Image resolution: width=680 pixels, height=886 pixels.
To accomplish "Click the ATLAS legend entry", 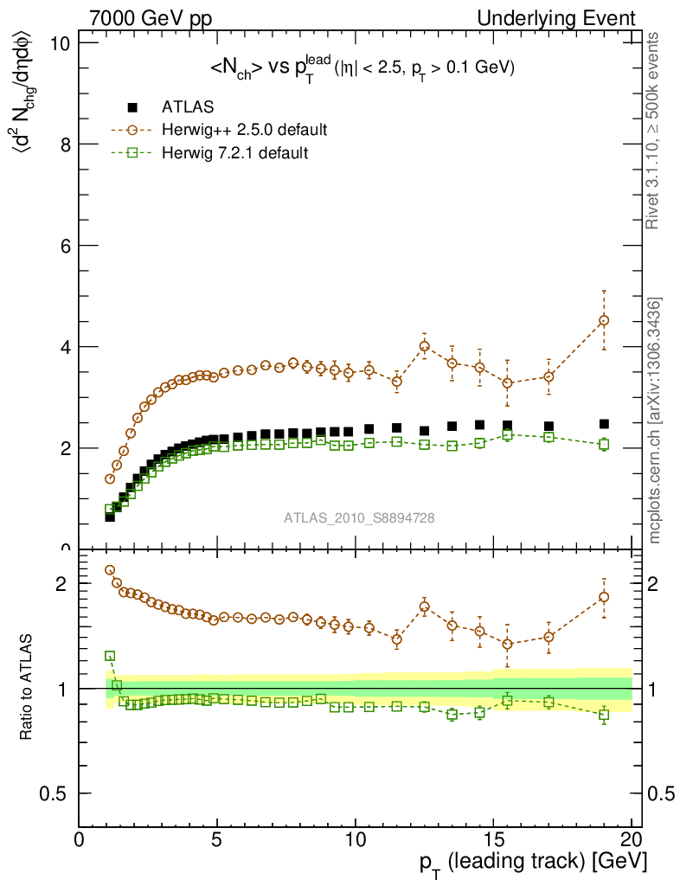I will pos(188,107).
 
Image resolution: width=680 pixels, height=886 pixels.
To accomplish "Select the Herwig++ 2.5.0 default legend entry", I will pos(243,130).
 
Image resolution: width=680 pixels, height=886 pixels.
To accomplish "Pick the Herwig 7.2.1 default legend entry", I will pos(234,152).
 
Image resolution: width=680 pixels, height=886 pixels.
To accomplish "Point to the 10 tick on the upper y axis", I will pos(62,43).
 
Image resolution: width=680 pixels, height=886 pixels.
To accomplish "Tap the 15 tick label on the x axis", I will pos(493,839).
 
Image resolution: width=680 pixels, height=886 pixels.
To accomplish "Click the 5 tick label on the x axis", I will pos(217,839).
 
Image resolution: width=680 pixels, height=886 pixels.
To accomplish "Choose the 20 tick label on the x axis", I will pos(631,839).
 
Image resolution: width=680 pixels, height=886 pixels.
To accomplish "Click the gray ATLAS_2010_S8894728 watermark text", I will pos(359,518).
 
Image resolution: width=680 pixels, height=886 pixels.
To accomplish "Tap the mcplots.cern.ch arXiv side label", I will pos(656,421).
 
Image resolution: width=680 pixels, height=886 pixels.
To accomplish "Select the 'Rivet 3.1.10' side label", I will pos(656,131).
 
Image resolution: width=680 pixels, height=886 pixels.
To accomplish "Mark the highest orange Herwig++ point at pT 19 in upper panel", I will pos(604,320).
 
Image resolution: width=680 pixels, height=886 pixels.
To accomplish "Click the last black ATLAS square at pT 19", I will pos(604,424).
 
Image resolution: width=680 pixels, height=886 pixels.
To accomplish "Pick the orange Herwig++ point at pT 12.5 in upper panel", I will pos(425,346).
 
